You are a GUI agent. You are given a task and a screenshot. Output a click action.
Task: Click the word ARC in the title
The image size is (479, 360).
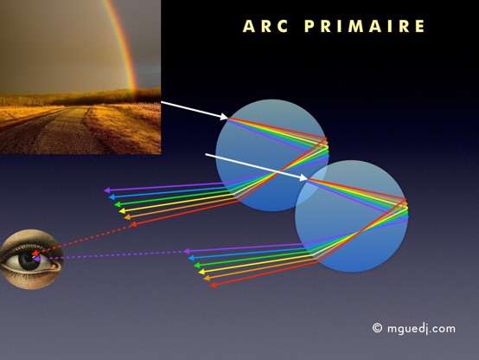click(x=265, y=26)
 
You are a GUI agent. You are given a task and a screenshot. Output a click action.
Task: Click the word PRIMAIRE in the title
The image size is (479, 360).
click(x=365, y=26)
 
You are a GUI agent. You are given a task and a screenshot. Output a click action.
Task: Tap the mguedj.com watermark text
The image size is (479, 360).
click(x=421, y=329)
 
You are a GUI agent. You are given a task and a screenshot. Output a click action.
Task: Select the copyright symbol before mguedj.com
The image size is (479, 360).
click(x=377, y=328)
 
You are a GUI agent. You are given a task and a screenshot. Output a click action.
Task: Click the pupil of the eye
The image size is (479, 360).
click(x=28, y=259)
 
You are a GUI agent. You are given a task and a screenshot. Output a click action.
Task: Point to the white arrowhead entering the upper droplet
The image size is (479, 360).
click(x=224, y=117)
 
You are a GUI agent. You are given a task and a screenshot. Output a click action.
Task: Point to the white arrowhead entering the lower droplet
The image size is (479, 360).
click(x=303, y=177)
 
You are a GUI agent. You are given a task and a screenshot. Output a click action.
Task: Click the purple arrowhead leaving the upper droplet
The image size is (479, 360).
click(x=107, y=190)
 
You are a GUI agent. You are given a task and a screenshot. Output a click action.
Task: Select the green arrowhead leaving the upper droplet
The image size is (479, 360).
click(x=118, y=204)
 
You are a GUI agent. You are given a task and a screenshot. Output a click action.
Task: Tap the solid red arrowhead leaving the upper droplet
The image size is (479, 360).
click(x=132, y=225)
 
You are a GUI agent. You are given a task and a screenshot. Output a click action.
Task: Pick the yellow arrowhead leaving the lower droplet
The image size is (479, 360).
click(x=201, y=272)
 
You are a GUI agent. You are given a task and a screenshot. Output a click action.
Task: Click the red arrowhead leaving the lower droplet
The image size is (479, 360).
click(x=214, y=285)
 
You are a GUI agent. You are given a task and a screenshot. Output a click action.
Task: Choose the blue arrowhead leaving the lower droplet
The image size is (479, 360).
click(x=192, y=258)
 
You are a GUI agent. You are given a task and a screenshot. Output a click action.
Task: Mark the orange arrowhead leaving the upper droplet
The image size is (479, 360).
click(x=127, y=217)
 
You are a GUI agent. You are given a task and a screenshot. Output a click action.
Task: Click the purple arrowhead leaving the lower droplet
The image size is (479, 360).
click(x=187, y=252)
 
